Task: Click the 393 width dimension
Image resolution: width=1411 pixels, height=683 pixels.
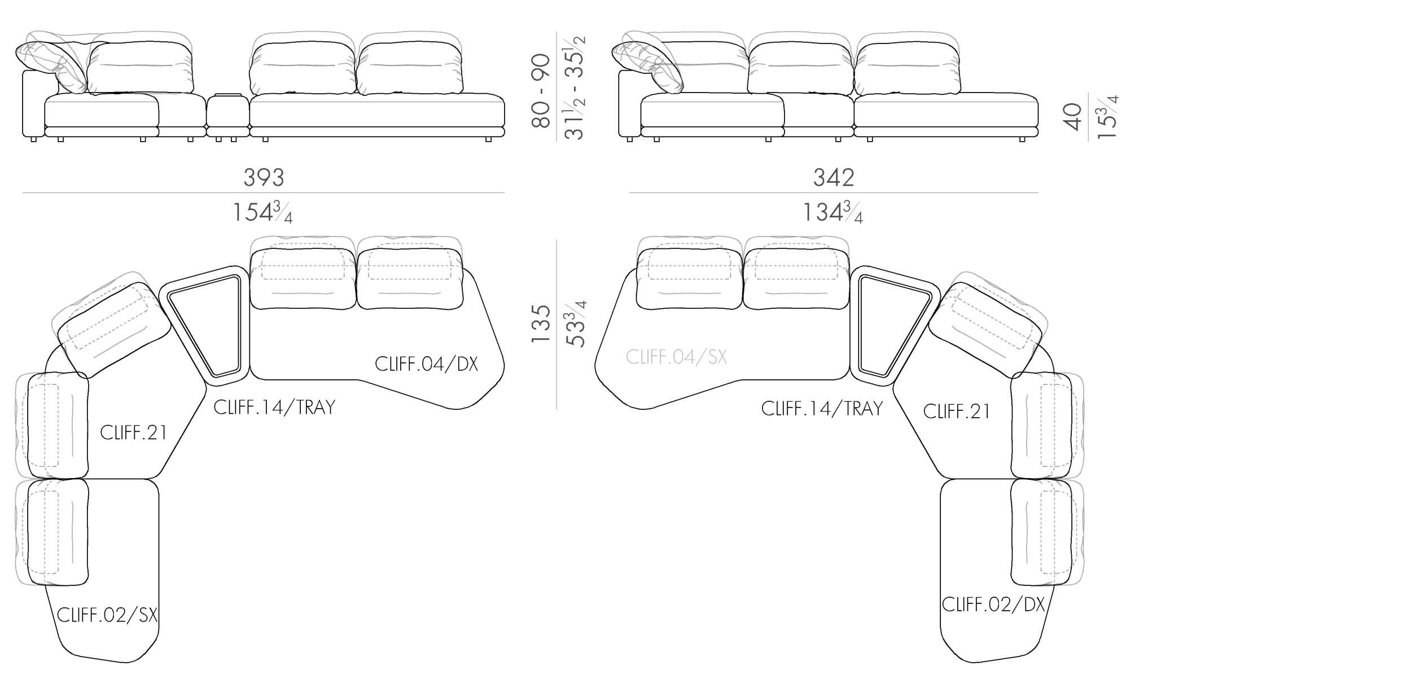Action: pyautogui.click(x=264, y=178)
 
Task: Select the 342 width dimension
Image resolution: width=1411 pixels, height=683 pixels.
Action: pyautogui.click(x=834, y=178)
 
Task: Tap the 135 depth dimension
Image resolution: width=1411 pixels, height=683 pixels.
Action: pyautogui.click(x=541, y=324)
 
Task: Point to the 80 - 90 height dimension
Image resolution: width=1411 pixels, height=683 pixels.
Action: pyautogui.click(x=541, y=91)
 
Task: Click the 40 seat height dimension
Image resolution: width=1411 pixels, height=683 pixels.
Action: pyautogui.click(x=1072, y=117)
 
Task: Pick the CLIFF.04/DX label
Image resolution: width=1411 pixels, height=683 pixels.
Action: pyautogui.click(x=426, y=364)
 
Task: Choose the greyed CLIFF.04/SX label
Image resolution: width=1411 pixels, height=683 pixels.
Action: pyautogui.click(x=676, y=357)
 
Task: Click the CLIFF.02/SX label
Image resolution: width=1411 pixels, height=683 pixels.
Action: pyautogui.click(x=107, y=615)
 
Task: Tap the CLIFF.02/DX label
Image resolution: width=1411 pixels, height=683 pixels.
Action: pyautogui.click(x=993, y=605)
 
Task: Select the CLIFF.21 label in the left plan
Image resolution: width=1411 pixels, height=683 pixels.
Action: pyautogui.click(x=134, y=432)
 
